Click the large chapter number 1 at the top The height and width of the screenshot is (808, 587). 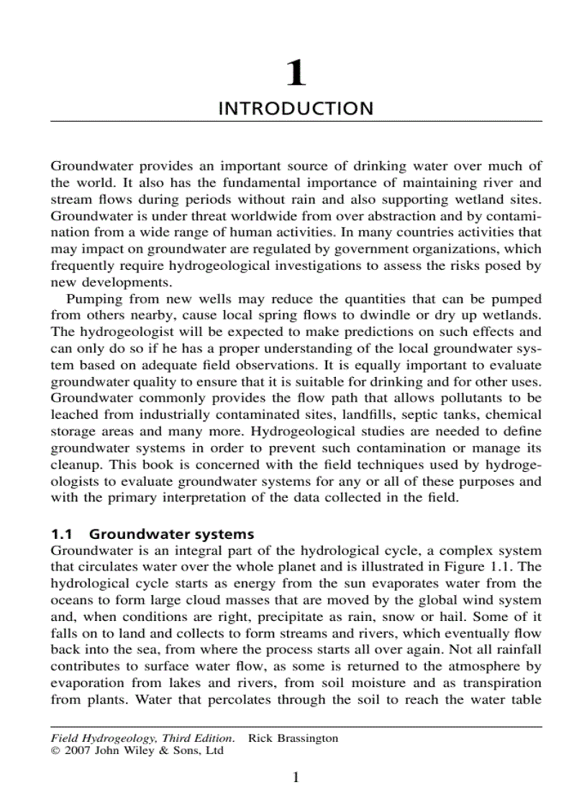coord(296,73)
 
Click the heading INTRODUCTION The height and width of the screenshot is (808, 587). coord(296,109)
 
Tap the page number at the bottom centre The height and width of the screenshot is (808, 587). coord(295,777)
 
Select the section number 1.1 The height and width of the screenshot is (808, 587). coord(63,534)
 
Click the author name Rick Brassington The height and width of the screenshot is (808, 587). coord(293,738)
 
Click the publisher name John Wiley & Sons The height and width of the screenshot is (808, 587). coord(147,750)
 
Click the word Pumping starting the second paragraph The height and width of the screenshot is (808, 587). coord(92,299)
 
